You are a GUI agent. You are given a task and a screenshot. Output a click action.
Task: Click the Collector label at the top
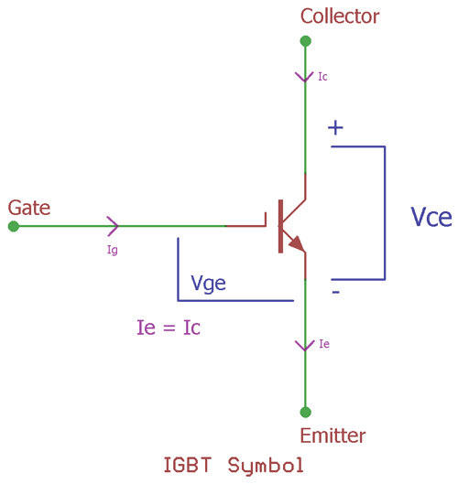pyautogui.click(x=339, y=16)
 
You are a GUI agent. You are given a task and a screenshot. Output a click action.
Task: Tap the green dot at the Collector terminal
pyautogui.click(x=305, y=41)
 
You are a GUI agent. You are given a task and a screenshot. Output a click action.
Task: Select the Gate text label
pyautogui.click(x=29, y=208)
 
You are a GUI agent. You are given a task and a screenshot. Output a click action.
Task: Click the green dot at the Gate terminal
pyautogui.click(x=13, y=226)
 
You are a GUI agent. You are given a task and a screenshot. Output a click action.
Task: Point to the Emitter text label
pyautogui.click(x=333, y=436)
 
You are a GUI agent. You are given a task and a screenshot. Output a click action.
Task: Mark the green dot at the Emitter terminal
pyautogui.click(x=305, y=412)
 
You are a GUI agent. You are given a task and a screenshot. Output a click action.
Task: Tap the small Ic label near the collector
pyautogui.click(x=322, y=77)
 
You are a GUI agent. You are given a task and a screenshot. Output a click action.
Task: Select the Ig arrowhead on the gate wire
pyautogui.click(x=113, y=225)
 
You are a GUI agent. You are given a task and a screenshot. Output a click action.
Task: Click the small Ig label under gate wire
pyautogui.click(x=113, y=248)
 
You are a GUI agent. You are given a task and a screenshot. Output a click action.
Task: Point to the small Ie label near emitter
pyautogui.click(x=323, y=345)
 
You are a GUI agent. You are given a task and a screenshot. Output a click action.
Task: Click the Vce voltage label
pyautogui.click(x=431, y=217)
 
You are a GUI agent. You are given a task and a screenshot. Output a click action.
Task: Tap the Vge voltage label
pyautogui.click(x=208, y=284)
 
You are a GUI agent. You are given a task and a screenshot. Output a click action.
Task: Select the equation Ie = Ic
pyautogui.click(x=167, y=327)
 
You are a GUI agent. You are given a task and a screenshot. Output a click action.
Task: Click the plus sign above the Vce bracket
pyautogui.click(x=336, y=128)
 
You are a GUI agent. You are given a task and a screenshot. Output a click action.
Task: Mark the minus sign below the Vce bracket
pyautogui.click(x=335, y=292)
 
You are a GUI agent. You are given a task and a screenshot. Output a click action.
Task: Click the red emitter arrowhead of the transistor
pyautogui.click(x=295, y=242)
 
